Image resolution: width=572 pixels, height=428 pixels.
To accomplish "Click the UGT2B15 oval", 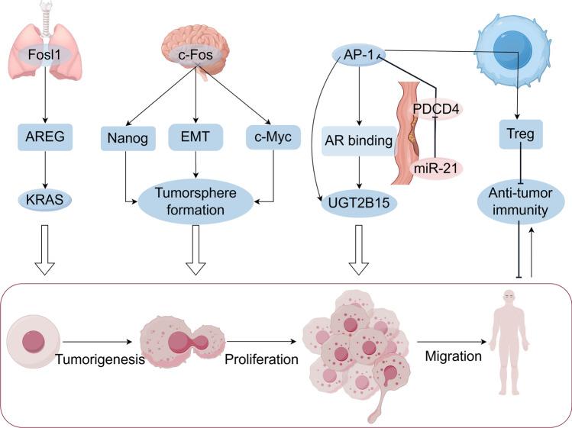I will pos(357,201).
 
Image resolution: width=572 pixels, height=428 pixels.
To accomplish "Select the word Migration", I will pos(445,356).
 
